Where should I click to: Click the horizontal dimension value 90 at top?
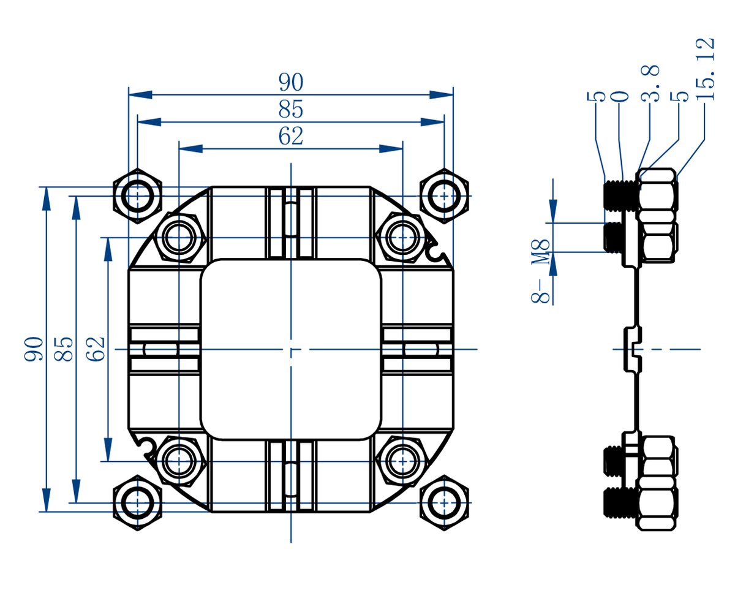coord(291,82)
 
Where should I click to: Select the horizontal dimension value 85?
coord(291,109)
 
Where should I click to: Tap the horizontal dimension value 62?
coord(291,136)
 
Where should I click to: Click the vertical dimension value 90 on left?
coord(34,349)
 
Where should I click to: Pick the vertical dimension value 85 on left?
coord(64,349)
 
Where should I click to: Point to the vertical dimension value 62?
coord(95,349)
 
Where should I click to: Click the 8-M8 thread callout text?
coord(540,271)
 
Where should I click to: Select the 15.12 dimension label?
coord(704,69)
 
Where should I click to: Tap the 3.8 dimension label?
coord(650,83)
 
